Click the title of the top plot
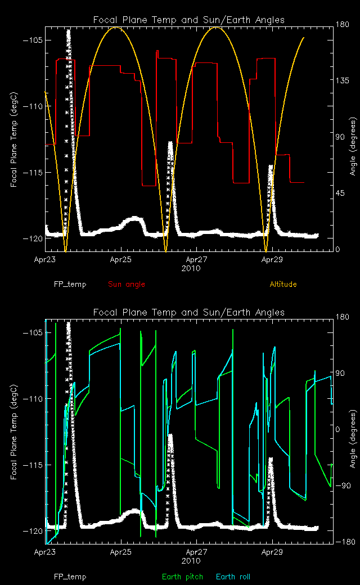pyautogui.click(x=189, y=20)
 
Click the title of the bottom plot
pyautogui.click(x=189, y=313)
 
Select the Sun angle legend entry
pyautogui.click(x=127, y=285)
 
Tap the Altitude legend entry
pyautogui.click(x=283, y=285)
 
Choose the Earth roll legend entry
pyautogui.click(x=233, y=577)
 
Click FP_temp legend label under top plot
pyautogui.click(x=70, y=285)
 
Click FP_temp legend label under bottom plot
pyautogui.click(x=70, y=577)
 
